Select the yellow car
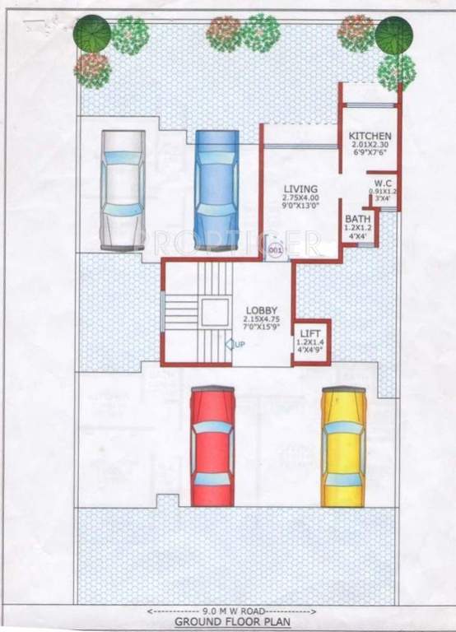tap(343, 447)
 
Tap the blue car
tap(216, 188)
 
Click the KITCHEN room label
tap(370, 136)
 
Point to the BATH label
tap(356, 220)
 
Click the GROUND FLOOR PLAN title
tap(227, 624)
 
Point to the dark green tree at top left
tap(91, 34)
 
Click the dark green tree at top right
tap(394, 35)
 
